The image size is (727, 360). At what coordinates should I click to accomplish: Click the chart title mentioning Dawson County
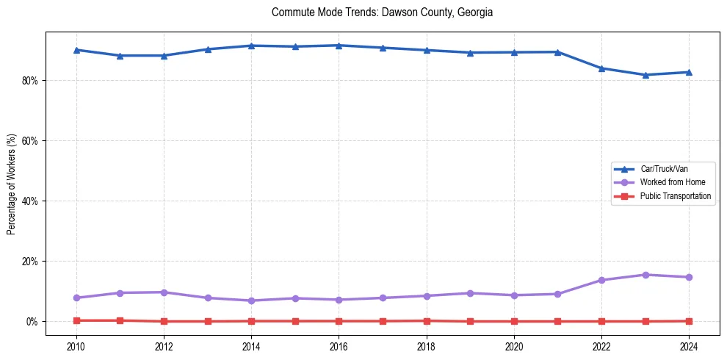click(382, 12)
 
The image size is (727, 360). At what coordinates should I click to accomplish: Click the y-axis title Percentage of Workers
click(11, 184)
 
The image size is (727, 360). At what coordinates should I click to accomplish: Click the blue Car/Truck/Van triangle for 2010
click(76, 50)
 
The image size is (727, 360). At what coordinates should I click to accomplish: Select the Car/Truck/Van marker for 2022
click(601, 68)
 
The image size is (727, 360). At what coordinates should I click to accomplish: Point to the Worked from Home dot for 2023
click(645, 275)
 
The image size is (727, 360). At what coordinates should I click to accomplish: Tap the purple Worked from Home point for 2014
click(251, 300)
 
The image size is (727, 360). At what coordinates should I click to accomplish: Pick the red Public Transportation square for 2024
click(689, 321)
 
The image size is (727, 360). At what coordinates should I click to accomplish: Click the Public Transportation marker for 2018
click(427, 320)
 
